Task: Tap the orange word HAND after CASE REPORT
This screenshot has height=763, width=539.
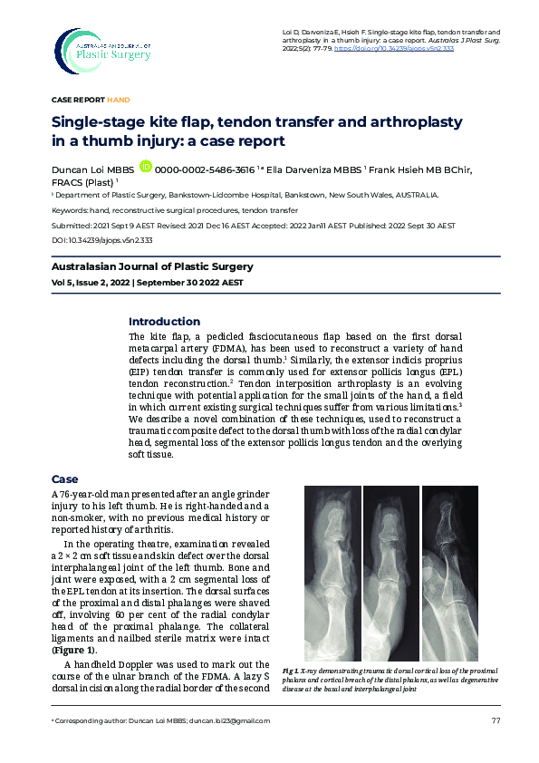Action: (119, 99)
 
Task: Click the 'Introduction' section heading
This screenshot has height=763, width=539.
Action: (164, 322)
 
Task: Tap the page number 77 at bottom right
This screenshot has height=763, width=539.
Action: (496, 720)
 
